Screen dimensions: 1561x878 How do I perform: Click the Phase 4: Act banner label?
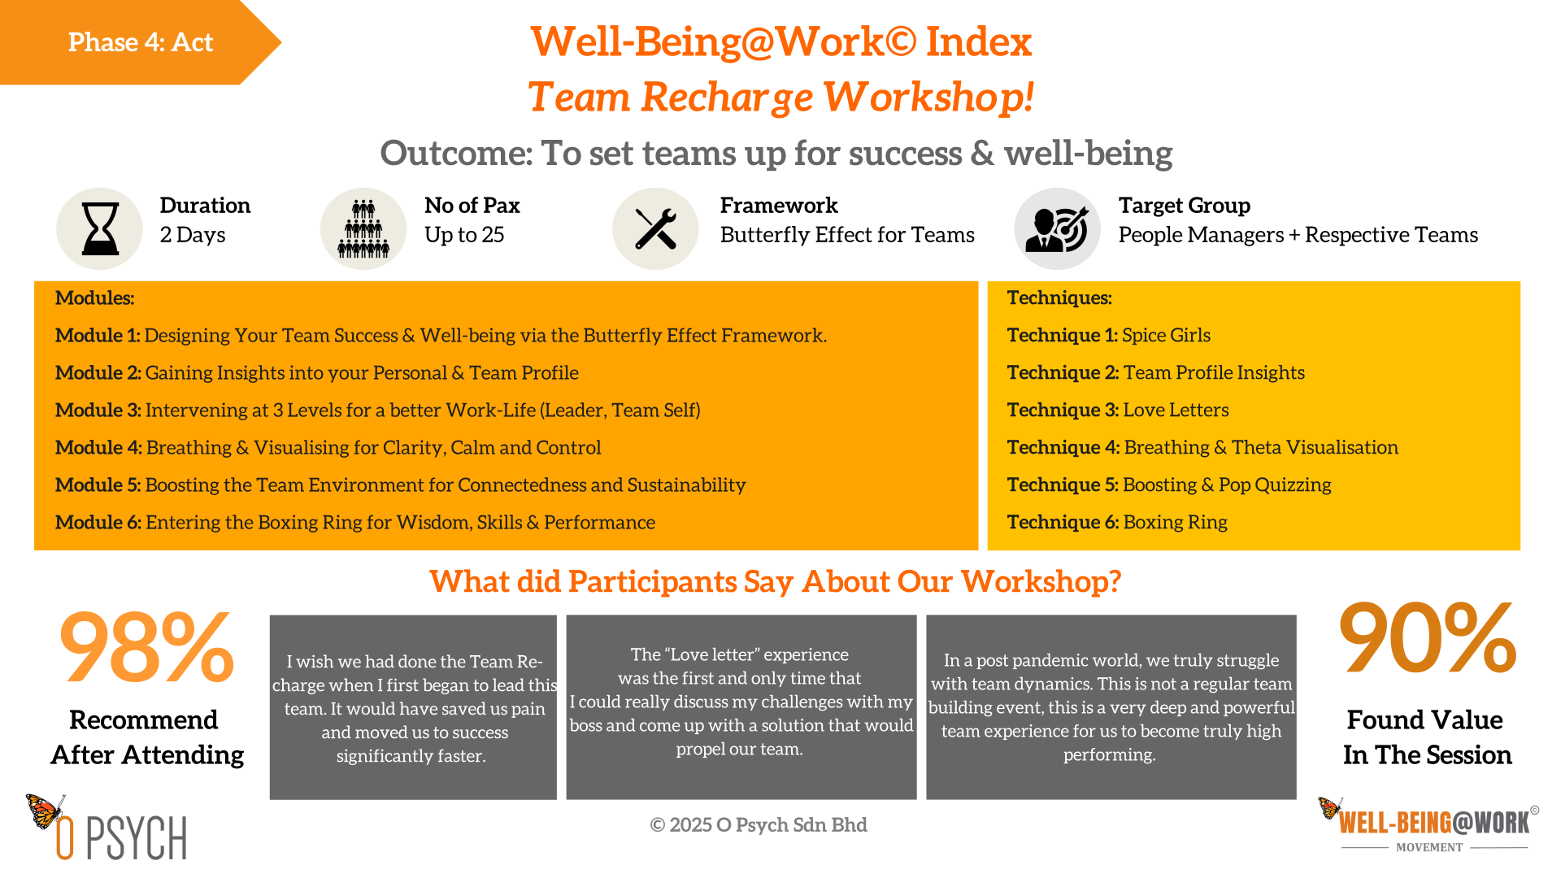point(141,42)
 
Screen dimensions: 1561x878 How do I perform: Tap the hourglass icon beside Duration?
point(101,228)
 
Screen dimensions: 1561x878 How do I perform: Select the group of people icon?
point(363,228)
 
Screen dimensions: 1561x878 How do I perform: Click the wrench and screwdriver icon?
point(655,228)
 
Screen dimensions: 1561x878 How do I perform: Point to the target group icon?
point(1057,229)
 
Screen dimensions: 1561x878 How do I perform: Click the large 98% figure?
point(147,647)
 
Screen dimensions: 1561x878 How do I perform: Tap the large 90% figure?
point(1428,637)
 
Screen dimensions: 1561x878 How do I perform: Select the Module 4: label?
point(98,447)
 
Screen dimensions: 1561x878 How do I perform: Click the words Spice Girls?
point(1166,335)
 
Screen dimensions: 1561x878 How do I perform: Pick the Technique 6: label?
point(1063,522)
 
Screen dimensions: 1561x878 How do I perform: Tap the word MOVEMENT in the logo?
point(1429,847)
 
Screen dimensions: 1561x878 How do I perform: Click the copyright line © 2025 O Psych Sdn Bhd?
point(759,824)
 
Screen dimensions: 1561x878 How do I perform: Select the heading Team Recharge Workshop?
point(780,97)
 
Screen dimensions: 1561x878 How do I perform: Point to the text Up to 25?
point(464,235)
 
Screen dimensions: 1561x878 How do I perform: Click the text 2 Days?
point(193,235)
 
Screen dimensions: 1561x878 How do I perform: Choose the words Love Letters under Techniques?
point(1176,410)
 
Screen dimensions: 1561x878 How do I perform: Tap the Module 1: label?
point(98,335)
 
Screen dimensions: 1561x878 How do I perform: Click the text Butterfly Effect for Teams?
point(847,235)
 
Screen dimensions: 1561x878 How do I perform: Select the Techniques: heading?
point(1059,298)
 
